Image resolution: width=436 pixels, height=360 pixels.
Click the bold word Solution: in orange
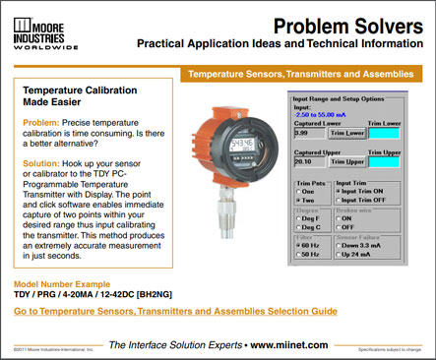click(42, 164)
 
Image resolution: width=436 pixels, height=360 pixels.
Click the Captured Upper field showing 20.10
click(308, 161)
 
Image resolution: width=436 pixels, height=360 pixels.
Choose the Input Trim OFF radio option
click(341, 200)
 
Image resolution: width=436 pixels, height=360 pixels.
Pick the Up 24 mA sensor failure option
click(341, 254)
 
